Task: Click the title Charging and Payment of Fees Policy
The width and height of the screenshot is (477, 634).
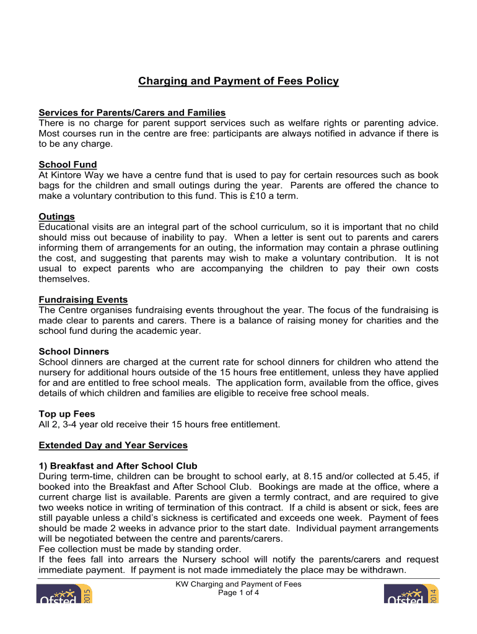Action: pyautogui.click(x=239, y=81)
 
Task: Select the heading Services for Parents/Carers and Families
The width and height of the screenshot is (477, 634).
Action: pyautogui.click(x=132, y=112)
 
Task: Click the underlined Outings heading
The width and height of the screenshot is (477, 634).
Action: pyautogui.click(x=56, y=217)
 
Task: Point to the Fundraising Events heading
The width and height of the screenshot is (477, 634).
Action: pyautogui.click(x=83, y=300)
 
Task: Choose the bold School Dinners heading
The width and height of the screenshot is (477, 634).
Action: pyautogui.click(x=73, y=352)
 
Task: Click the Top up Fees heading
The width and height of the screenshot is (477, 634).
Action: pyautogui.click(x=67, y=414)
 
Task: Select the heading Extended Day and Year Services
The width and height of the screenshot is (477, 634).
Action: pyautogui.click(x=113, y=445)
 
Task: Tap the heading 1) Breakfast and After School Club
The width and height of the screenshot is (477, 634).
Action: pyautogui.click(x=118, y=466)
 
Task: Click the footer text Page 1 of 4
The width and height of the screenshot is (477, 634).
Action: pyautogui.click(x=239, y=593)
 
